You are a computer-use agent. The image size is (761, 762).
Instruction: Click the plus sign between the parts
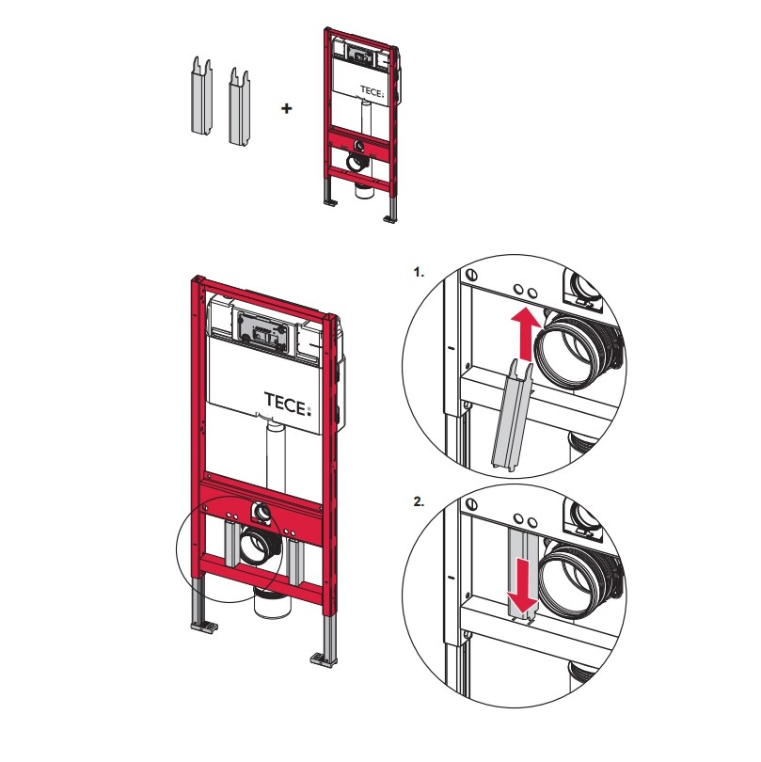point(287,108)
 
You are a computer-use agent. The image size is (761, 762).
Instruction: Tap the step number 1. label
point(419,272)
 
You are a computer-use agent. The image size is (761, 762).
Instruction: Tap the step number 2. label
point(419,502)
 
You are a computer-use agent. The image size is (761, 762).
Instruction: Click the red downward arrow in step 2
point(522,585)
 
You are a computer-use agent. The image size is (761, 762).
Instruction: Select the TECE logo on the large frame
point(287,405)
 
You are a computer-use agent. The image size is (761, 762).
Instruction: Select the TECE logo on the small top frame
point(372,91)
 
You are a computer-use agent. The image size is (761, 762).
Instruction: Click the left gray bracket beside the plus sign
point(201,96)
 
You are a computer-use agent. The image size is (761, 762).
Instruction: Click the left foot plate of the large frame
point(204,627)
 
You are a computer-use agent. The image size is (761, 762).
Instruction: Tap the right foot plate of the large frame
point(324,660)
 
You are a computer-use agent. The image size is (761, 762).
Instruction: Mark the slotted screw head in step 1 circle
point(470,276)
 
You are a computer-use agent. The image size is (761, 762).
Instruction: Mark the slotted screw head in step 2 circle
point(470,504)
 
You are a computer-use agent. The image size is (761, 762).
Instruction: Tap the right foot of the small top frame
point(390,218)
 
